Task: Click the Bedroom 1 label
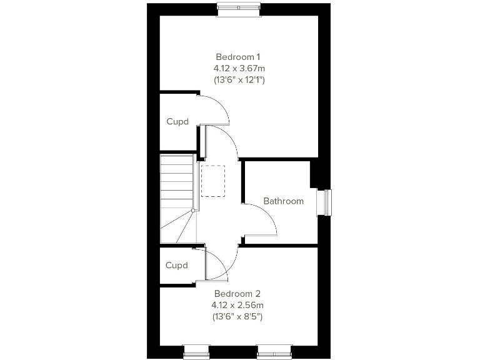(237, 57)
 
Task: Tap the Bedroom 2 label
(237, 294)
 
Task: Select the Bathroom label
(283, 201)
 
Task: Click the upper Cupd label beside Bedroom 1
(177, 122)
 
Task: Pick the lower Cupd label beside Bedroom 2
(177, 266)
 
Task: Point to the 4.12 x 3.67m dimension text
(237, 68)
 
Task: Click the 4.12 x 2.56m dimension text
(237, 305)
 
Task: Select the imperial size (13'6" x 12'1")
(237, 80)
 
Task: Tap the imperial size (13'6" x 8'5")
(237, 317)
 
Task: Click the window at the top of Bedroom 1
(238, 7)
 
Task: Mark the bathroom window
(326, 202)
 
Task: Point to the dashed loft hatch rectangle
(212, 181)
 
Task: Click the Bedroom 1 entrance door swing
(222, 141)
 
